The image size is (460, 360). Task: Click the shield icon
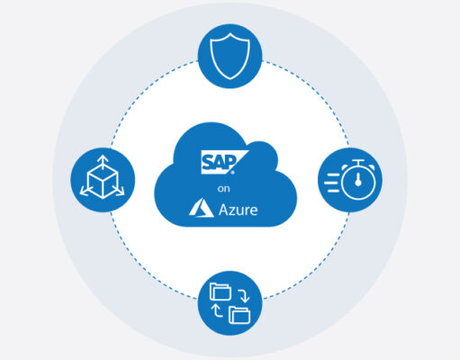(230, 56)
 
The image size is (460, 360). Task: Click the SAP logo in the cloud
(224, 162)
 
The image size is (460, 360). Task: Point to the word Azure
(238, 210)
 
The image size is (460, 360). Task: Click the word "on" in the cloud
(224, 189)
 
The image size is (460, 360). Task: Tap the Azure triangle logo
(201, 208)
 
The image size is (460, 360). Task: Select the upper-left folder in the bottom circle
(221, 292)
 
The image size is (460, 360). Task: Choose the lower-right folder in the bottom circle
(239, 315)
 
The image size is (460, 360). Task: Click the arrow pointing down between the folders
(244, 296)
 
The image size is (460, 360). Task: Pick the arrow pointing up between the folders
(216, 310)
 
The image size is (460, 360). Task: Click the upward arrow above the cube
(103, 161)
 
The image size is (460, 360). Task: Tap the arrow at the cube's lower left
(85, 192)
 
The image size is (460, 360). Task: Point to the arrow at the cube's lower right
(120, 191)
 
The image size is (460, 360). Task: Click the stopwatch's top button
(358, 162)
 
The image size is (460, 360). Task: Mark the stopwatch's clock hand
(358, 180)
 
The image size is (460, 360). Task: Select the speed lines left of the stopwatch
(331, 183)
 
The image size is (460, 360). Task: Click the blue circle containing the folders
(230, 303)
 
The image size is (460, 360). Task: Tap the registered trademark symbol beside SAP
(232, 172)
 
